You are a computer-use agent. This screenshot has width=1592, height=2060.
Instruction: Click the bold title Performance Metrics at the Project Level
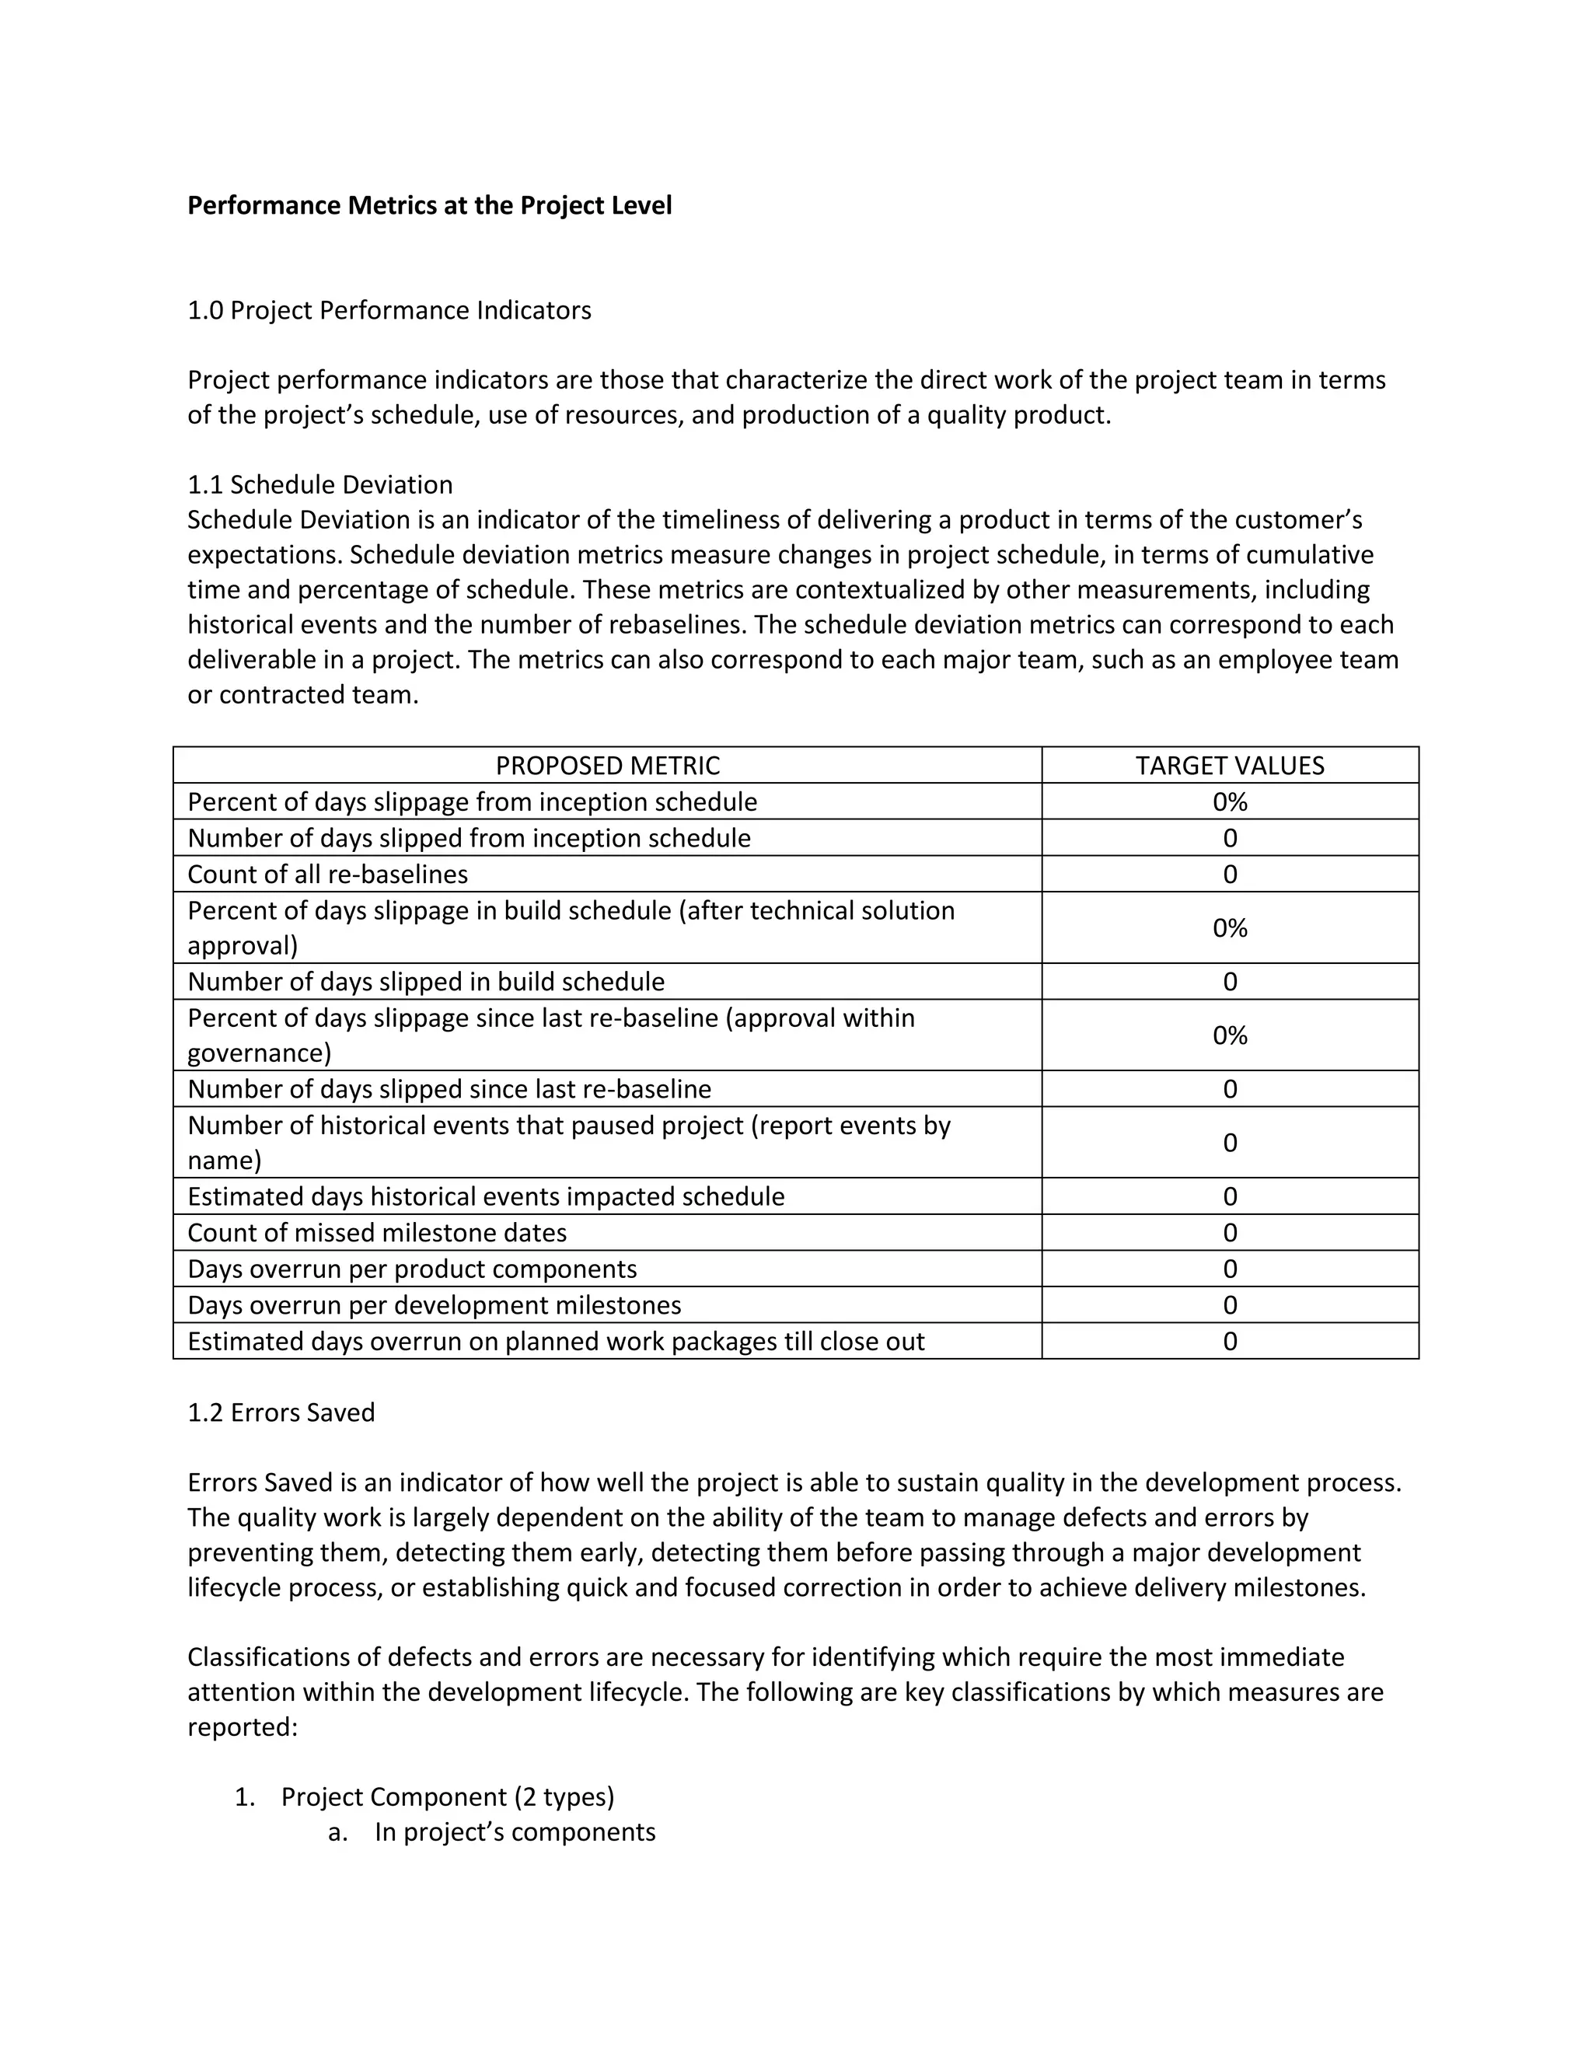click(429, 206)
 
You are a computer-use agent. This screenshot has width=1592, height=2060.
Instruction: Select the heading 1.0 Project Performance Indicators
click(389, 310)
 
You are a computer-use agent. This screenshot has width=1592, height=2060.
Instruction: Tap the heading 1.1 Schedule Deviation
click(319, 485)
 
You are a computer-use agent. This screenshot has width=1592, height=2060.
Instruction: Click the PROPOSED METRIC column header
click(607, 766)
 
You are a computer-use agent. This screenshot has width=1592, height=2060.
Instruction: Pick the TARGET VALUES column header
click(1229, 766)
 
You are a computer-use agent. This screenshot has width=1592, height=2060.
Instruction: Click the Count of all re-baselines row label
click(327, 875)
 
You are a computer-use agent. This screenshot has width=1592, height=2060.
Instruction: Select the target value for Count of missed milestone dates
click(1229, 1233)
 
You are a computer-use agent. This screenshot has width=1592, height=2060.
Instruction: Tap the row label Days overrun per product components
click(412, 1269)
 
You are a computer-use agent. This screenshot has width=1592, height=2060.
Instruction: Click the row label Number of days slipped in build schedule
click(425, 982)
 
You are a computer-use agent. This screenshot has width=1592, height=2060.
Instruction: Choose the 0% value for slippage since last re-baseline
click(1229, 1035)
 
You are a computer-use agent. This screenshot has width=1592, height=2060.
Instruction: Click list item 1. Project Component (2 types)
click(447, 1796)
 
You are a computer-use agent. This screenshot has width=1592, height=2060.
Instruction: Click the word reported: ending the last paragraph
click(243, 1728)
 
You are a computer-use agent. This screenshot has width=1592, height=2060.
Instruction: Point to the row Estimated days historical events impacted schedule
click(486, 1197)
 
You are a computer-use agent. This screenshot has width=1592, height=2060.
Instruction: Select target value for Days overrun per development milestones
click(1229, 1305)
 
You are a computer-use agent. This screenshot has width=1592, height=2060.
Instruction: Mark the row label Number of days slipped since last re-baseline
click(449, 1089)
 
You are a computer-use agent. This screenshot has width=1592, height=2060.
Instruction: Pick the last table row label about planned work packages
click(556, 1341)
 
